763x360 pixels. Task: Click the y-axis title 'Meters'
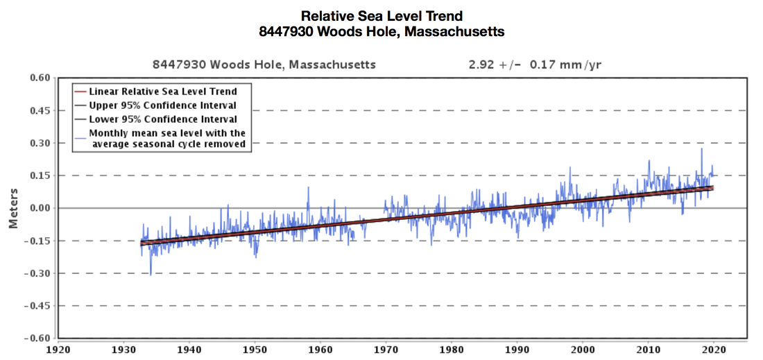click(12, 207)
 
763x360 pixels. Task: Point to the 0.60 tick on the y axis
click(40, 78)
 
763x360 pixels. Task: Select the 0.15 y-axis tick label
click(40, 175)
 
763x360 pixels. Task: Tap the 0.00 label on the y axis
click(40, 208)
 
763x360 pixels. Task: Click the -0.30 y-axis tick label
click(37, 273)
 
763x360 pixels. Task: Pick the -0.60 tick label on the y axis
click(37, 338)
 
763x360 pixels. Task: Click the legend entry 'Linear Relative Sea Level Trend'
click(163, 92)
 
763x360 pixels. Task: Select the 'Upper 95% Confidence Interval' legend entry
click(163, 105)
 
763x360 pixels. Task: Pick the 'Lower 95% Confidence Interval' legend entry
click(163, 119)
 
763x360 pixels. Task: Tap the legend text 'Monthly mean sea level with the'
click(166, 133)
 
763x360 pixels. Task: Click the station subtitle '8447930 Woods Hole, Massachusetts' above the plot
click(264, 65)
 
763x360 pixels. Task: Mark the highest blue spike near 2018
click(701, 148)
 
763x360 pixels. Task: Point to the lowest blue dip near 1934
click(151, 275)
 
